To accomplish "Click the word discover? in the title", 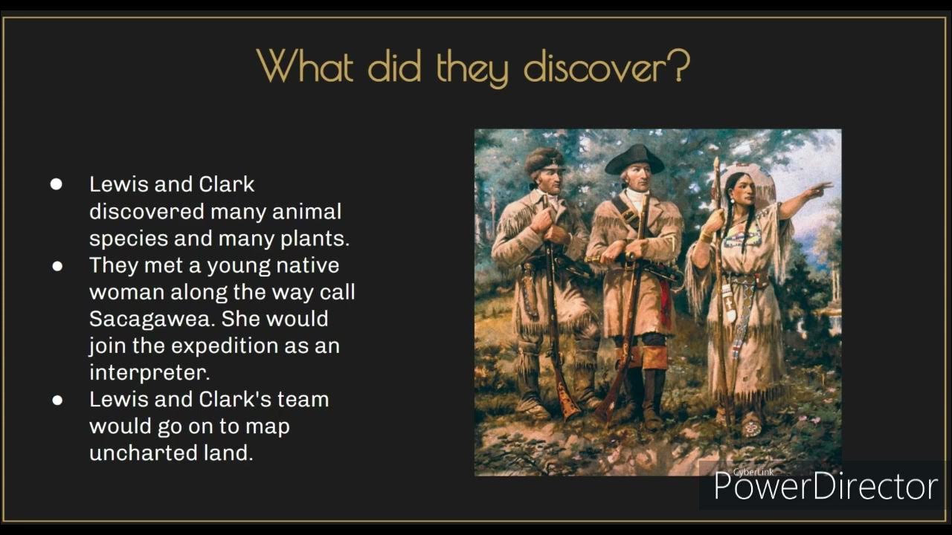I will pyautogui.click(x=607, y=67).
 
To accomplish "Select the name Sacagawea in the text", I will pyautogui.click(x=152, y=319).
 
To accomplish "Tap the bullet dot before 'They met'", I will pyautogui.click(x=57, y=265).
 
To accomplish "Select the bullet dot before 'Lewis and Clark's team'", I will pyautogui.click(x=57, y=400).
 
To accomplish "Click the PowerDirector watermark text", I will pyautogui.click(x=826, y=487).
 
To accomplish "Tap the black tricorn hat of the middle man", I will pyautogui.click(x=634, y=158).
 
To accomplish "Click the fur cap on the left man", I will pyautogui.click(x=545, y=158).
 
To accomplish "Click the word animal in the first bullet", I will pyautogui.click(x=306, y=212).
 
